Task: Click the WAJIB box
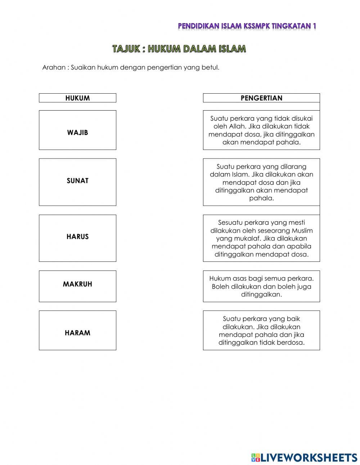[x=77, y=130]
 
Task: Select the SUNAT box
[x=77, y=182]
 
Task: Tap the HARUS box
[x=77, y=238]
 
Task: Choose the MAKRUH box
[x=77, y=286]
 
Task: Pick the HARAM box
[x=77, y=330]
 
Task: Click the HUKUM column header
[x=77, y=98]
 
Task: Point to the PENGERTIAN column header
[x=261, y=98]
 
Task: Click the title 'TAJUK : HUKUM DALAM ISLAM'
[x=179, y=49]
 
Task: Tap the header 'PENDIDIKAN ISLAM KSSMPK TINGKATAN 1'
[x=247, y=26]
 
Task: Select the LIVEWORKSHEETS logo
[x=304, y=457]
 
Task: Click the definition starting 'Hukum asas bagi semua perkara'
[x=261, y=286]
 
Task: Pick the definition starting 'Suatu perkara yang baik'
[x=261, y=330]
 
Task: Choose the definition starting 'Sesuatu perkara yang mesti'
[x=261, y=238]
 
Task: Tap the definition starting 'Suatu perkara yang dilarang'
[x=261, y=182]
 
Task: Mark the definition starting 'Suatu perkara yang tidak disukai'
[x=261, y=130]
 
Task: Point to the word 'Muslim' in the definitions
[x=302, y=231]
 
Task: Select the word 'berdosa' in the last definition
[x=291, y=343]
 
